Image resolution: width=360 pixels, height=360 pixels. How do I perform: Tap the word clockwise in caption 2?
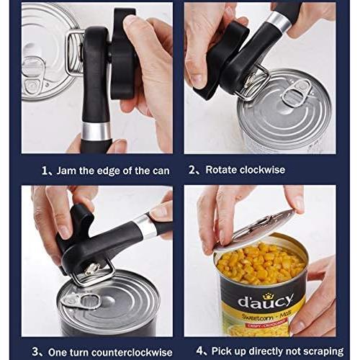(x=260, y=170)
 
